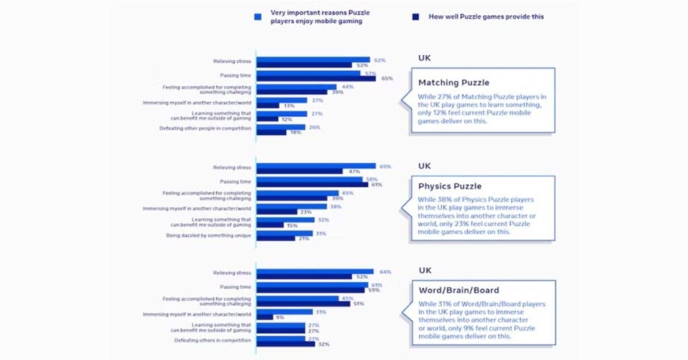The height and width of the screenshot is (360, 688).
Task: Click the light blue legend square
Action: [x=258, y=15]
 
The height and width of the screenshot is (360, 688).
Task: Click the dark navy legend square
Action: [x=415, y=15]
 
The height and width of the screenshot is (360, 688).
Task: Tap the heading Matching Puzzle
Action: [x=454, y=83]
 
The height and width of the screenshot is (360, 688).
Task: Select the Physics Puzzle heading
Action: [x=449, y=186]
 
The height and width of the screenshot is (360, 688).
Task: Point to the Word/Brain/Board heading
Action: [x=458, y=290]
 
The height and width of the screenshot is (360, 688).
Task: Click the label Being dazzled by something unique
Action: [x=208, y=235]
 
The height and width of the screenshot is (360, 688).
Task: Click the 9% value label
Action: [x=279, y=317]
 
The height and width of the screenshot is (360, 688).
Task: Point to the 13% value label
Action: [x=290, y=105]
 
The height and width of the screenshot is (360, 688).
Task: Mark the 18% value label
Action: [x=296, y=132]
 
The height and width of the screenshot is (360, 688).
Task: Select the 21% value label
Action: [x=304, y=238]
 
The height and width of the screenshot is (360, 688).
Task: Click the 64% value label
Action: [x=385, y=272]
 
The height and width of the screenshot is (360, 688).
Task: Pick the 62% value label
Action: [x=380, y=60]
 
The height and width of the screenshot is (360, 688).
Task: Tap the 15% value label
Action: [x=292, y=225]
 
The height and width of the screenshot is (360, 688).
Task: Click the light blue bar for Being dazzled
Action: [x=285, y=232]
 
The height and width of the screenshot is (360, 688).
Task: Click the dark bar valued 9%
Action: [x=265, y=317]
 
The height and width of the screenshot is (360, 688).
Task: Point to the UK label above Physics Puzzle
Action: [x=425, y=165]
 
